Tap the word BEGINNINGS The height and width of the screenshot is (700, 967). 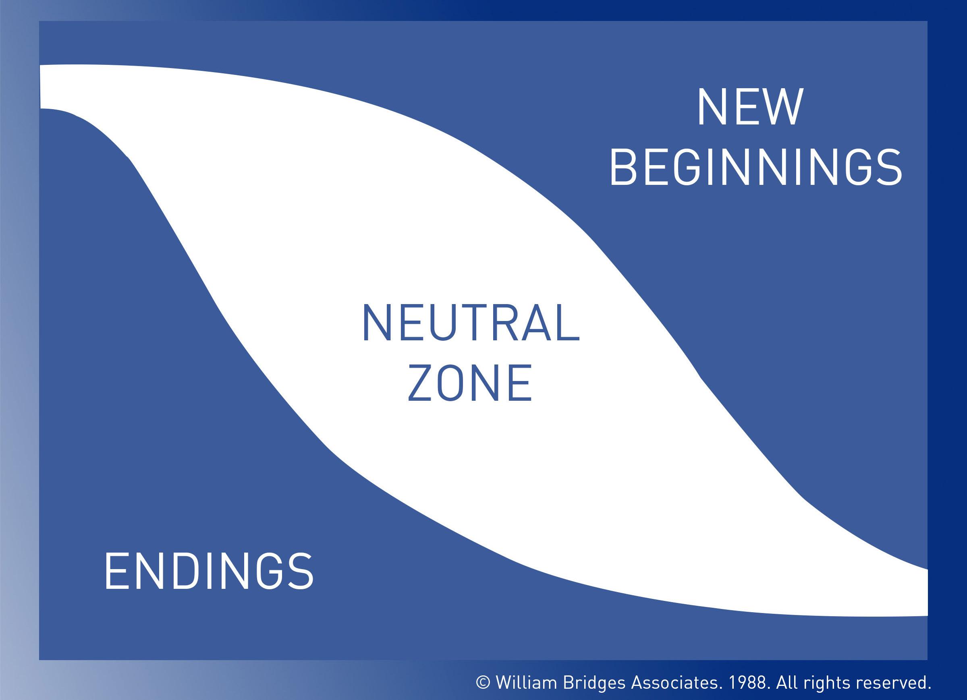pos(755,167)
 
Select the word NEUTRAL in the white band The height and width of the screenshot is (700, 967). pos(471,323)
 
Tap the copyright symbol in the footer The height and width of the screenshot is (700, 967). pos(483,683)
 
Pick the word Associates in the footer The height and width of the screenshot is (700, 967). pos(676,682)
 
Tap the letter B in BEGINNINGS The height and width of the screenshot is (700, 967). pos(623,167)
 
